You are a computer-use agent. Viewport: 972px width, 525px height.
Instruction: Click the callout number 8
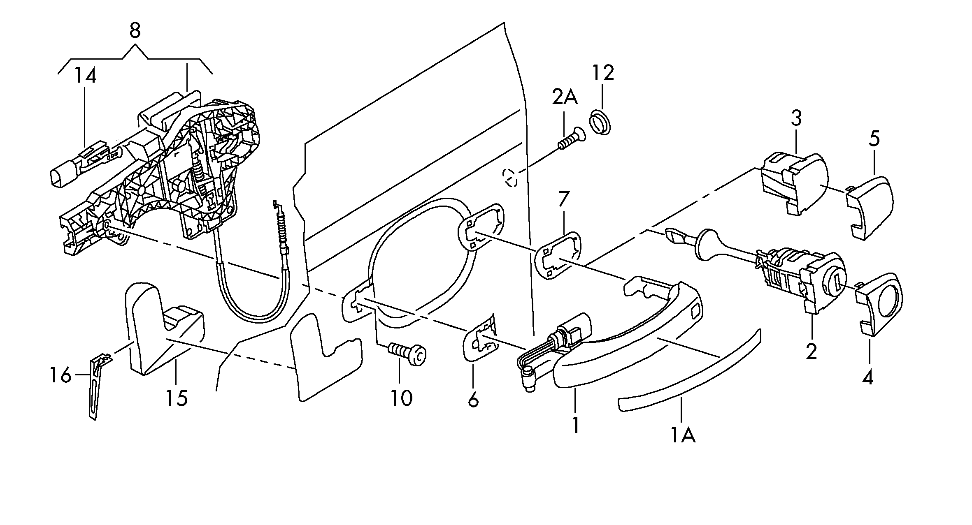tap(135, 30)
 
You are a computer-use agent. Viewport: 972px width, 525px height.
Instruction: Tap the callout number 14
tap(86, 76)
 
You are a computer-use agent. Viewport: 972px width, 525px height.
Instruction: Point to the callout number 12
tap(603, 73)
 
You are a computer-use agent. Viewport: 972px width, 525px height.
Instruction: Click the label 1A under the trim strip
tap(684, 435)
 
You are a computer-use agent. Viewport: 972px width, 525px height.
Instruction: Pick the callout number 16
tap(60, 375)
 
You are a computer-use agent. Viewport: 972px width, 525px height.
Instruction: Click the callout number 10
tap(401, 397)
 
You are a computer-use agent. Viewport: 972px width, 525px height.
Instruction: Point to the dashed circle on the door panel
tap(510, 178)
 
